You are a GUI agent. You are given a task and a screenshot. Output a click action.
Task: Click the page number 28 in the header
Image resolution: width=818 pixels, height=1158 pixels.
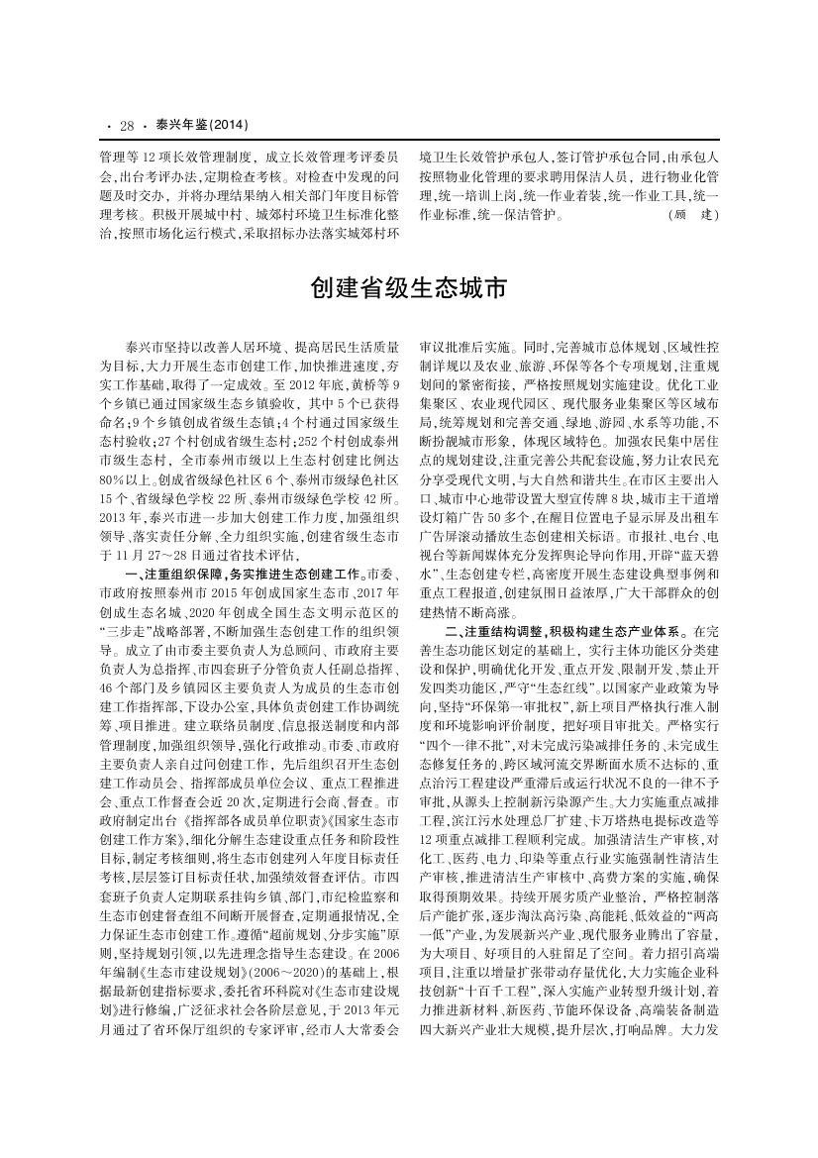126,126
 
